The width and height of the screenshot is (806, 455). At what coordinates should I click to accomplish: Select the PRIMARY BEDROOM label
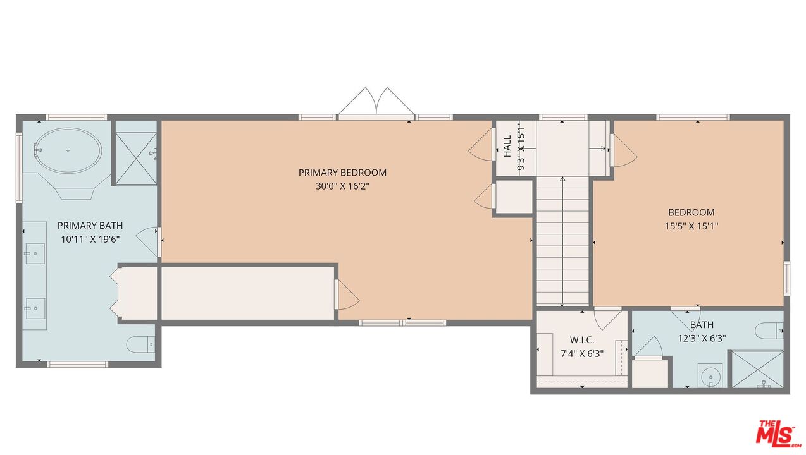pos(342,173)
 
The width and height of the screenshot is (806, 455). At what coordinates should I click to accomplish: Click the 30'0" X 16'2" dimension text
pos(342,186)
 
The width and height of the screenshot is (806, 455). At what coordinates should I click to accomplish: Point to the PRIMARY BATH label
pos(90,226)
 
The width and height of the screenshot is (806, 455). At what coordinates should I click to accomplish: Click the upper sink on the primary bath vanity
pos(34,253)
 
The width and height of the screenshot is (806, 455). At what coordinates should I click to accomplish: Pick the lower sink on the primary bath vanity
pos(34,309)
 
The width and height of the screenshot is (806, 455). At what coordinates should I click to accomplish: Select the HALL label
pos(507,147)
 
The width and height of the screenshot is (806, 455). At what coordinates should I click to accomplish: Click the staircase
pos(563,243)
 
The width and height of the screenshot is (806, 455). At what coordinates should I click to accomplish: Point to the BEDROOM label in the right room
pos(691,212)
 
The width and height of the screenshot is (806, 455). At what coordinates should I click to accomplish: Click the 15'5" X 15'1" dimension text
pos(691,226)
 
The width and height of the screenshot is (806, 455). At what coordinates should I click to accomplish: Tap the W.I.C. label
pos(581,341)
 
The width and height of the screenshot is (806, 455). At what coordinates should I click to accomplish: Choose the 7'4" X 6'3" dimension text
pos(581,354)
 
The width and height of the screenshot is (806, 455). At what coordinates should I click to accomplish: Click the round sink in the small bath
pos(710,375)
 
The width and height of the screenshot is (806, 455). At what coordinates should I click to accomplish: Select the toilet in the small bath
pos(770,330)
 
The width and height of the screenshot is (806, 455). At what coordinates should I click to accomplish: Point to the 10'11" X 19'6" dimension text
pos(90,239)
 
